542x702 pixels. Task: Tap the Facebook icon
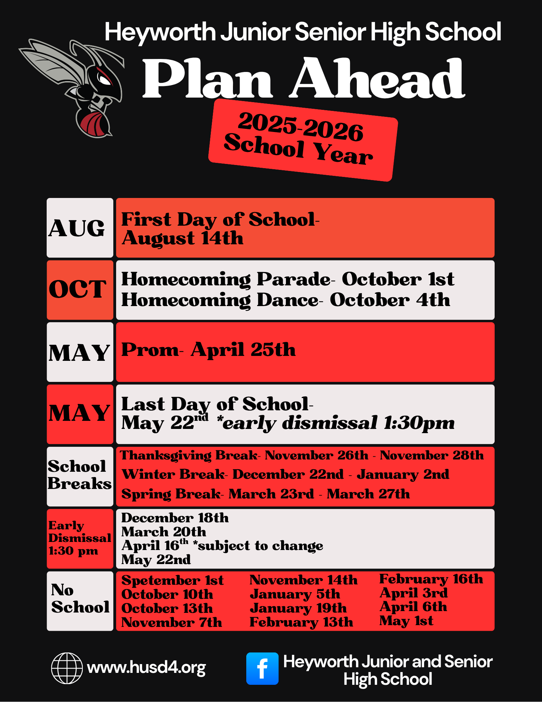coord(262,668)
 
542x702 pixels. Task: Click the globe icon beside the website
coord(67,668)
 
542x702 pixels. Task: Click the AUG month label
coord(77,228)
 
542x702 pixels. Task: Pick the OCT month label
coord(78,290)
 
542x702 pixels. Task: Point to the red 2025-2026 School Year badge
coord(303,140)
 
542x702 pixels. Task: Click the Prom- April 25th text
coord(208,350)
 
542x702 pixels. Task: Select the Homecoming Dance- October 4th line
coord(286,300)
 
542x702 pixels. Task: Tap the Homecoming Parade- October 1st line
coord(288,279)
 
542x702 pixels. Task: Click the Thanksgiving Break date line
coord(302,455)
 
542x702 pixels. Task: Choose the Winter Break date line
coord(285,474)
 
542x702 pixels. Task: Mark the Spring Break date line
coord(266,494)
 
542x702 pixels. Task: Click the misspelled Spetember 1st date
coord(172,580)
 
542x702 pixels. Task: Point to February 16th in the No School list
coord(431,579)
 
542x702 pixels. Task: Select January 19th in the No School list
coord(298,608)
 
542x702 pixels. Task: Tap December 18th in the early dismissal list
coord(175,518)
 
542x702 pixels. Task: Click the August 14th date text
coord(182,238)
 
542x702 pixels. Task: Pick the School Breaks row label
coord(79,475)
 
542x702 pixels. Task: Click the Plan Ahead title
coord(304,79)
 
